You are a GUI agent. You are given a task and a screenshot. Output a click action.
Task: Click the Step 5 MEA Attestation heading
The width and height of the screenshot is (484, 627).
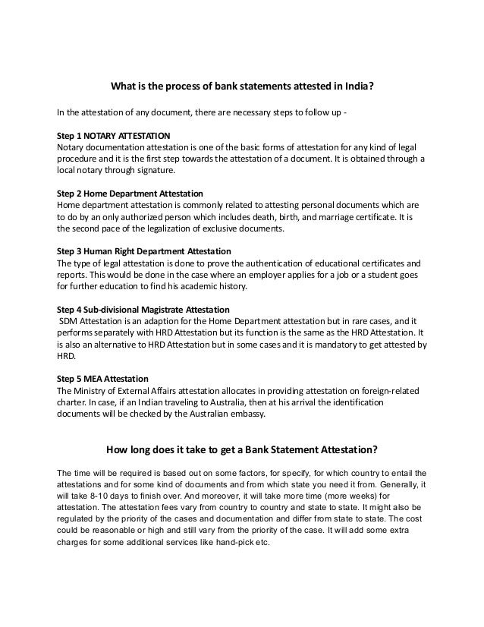click(103, 379)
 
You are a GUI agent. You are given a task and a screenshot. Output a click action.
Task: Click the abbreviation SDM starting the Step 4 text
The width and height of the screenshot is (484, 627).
click(69, 321)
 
